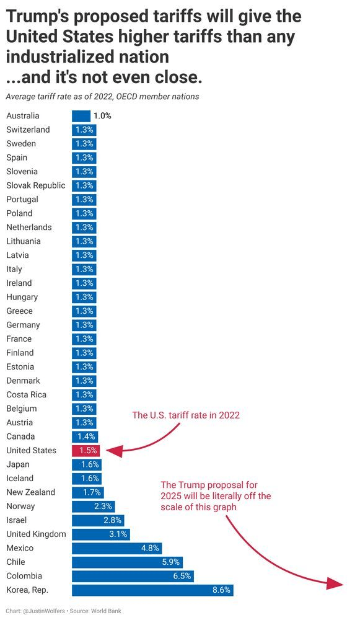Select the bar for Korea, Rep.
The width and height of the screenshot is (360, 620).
pos(152,590)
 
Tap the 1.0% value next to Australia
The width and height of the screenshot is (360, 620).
pos(102,116)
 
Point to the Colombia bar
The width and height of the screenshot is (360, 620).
pos(133,576)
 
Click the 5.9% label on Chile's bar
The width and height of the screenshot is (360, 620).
pos(171,562)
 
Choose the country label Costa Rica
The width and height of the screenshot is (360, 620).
pos(26,395)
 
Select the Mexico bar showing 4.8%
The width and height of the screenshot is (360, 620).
pos(117,548)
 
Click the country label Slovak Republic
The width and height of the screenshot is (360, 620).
pos(35,185)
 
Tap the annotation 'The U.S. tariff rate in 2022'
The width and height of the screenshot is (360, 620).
pos(186,415)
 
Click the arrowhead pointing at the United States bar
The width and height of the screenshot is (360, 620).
pos(115,452)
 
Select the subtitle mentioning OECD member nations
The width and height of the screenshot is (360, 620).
pos(102,97)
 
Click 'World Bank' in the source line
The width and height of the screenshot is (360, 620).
pos(107,611)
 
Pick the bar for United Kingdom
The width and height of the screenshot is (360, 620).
pos(100,534)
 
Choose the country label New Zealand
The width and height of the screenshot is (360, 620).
pos(30,492)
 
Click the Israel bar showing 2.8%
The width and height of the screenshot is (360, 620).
pos(98,520)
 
